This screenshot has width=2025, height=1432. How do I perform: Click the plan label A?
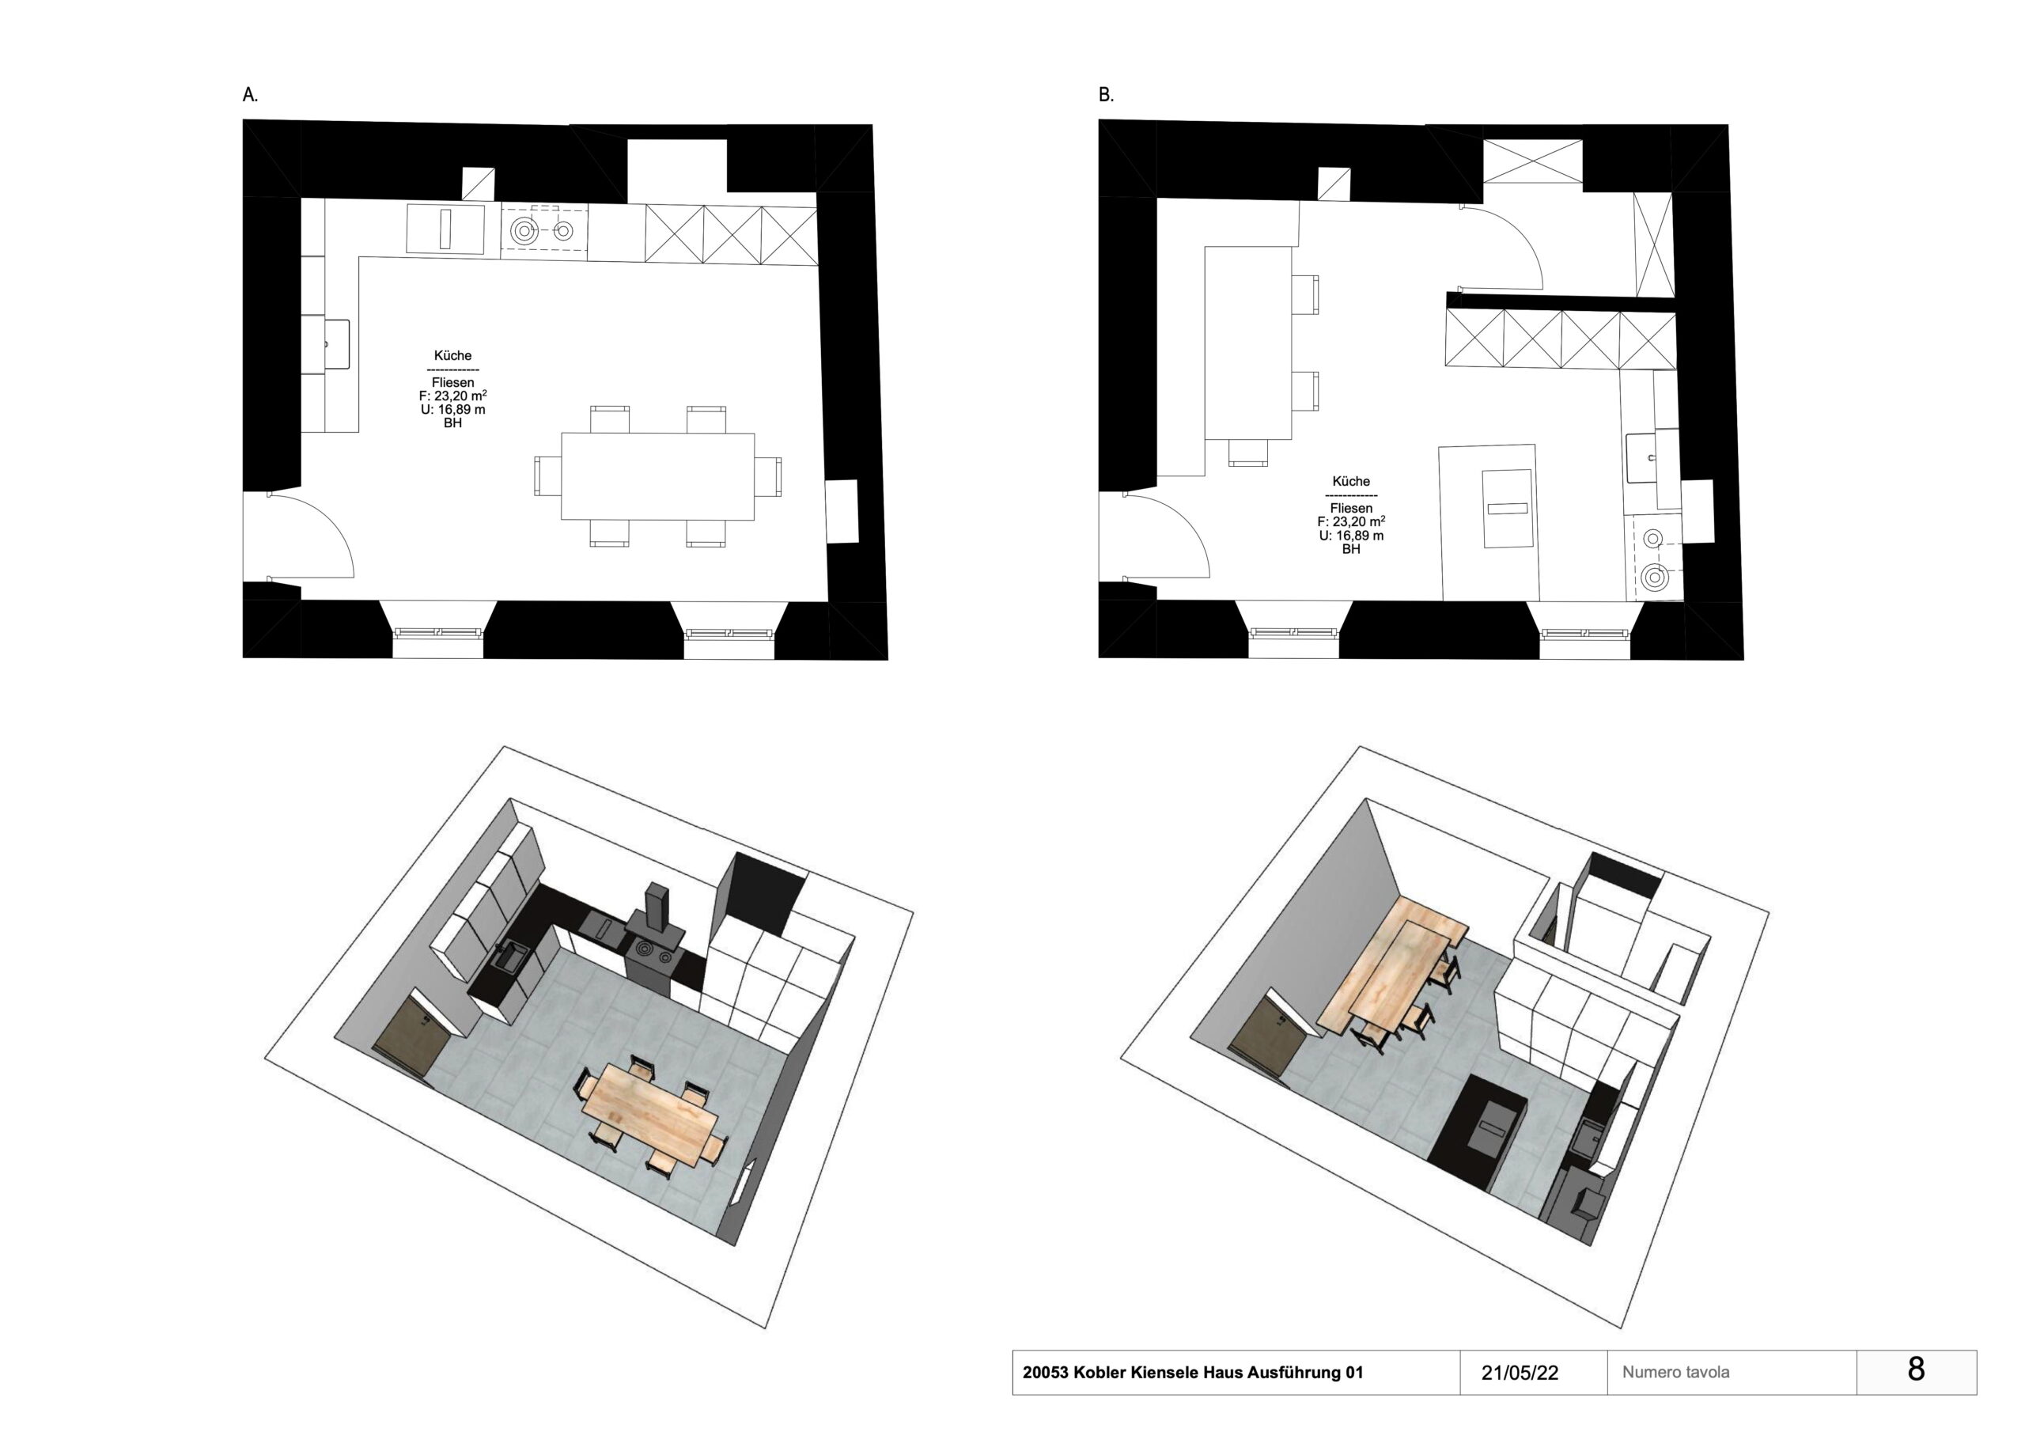[x=251, y=95]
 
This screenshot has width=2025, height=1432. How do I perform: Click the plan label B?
[x=1106, y=95]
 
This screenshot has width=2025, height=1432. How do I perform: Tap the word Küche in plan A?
[x=452, y=355]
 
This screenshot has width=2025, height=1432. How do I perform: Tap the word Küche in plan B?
[x=1351, y=482]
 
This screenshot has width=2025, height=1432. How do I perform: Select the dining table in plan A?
[x=658, y=476]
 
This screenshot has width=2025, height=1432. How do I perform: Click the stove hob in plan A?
[x=544, y=231]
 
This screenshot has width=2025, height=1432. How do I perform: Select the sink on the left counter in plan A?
[x=337, y=344]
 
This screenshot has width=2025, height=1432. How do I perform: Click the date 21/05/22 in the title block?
[x=1520, y=1373]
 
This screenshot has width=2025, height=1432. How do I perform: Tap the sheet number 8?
[x=1916, y=1369]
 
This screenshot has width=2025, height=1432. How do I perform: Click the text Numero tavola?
[x=1675, y=1373]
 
